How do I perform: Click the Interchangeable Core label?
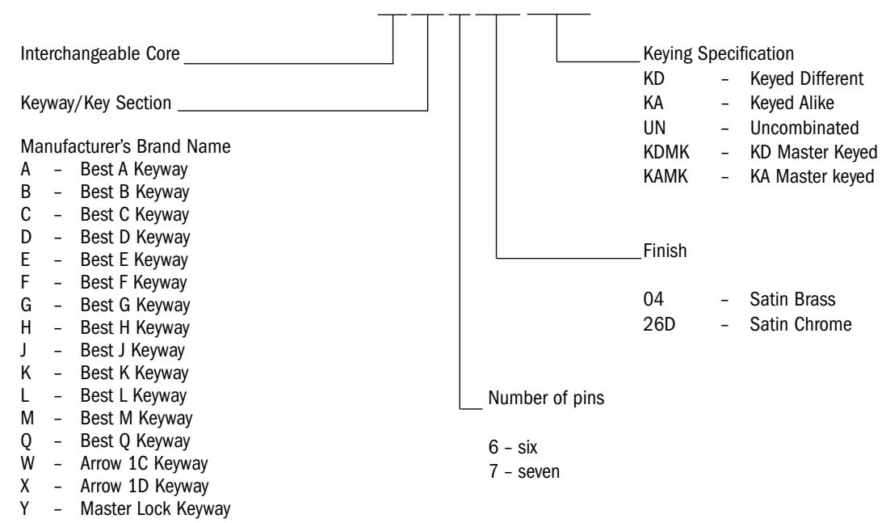100,53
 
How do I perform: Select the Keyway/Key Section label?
96,103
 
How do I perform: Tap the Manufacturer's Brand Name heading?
125,146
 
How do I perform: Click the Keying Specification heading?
718,53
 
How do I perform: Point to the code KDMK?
666,152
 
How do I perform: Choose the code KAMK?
666,176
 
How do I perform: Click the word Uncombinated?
804,128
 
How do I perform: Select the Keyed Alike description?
792,103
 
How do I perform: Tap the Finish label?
665,251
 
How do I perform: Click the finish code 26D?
659,324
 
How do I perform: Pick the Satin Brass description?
792,300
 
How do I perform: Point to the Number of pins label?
546,398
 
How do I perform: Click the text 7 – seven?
524,471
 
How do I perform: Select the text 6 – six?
513,447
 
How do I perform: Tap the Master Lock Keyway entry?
155,509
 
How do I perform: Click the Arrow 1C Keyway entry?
144,464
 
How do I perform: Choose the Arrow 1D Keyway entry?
145,487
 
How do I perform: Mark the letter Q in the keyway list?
27,441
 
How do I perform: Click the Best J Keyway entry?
132,351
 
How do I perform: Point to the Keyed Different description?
807,79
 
